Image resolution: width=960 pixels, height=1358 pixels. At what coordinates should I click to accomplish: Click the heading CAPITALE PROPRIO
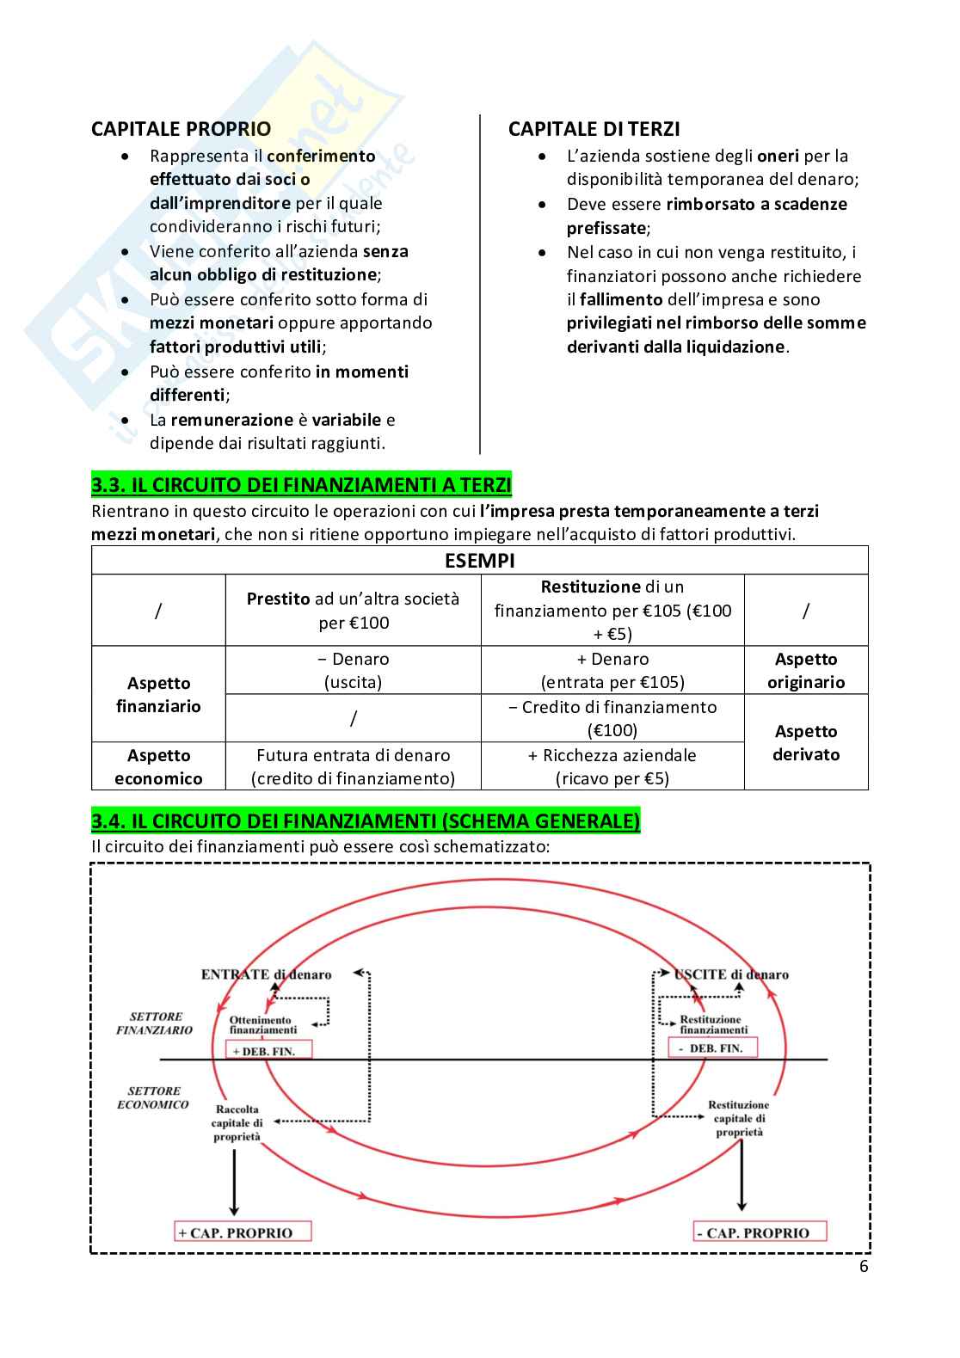tap(181, 129)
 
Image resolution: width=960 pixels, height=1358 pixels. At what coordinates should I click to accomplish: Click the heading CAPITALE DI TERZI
tap(594, 129)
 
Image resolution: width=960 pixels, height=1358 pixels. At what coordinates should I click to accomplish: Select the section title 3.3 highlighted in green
tap(301, 485)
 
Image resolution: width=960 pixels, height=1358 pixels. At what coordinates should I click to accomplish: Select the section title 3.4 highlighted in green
tap(366, 821)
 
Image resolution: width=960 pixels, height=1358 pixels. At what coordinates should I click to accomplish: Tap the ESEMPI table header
tap(479, 561)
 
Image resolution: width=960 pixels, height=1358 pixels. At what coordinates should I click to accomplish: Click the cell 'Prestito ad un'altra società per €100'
tap(353, 611)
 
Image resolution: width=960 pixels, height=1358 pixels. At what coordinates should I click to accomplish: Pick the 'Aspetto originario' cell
tap(805, 671)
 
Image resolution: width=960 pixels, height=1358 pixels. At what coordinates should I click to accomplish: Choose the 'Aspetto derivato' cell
tap(805, 742)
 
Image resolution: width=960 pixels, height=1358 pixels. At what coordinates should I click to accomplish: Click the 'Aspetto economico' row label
tap(158, 766)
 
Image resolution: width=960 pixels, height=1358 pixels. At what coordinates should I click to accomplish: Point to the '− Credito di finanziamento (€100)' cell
tap(612, 718)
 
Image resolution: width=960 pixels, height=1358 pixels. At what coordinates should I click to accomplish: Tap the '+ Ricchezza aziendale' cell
tap(612, 766)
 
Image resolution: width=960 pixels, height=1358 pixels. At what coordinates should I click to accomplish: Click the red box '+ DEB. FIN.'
tap(268, 1050)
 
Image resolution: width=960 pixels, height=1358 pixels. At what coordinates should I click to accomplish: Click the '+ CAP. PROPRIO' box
tap(242, 1232)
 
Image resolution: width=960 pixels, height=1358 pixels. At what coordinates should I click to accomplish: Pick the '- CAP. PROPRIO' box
tap(759, 1232)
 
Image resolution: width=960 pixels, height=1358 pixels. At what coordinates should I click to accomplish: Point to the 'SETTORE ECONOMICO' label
tap(153, 1097)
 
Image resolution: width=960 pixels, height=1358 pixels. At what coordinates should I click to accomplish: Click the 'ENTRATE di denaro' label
tap(266, 974)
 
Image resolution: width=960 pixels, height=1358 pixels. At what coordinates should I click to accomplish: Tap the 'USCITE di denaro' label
tap(731, 974)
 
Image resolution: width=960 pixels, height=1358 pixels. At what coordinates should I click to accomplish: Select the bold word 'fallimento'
tap(621, 300)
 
